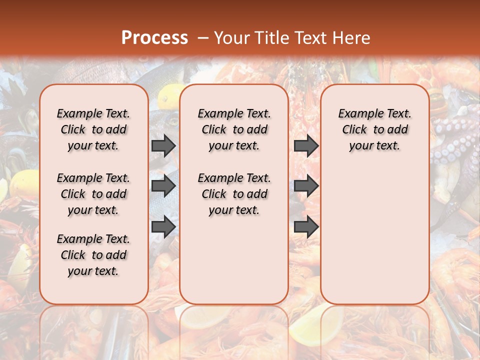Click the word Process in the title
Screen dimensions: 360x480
154,38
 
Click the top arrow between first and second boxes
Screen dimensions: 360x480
163,145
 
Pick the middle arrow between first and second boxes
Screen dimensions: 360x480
163,186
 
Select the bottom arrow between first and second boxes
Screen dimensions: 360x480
163,226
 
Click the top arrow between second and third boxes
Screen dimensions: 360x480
306,145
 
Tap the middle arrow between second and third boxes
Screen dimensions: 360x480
306,186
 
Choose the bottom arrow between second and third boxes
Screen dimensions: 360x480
306,226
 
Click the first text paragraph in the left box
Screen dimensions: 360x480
93,129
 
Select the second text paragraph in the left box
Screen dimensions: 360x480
93,194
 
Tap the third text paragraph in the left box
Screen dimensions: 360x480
93,255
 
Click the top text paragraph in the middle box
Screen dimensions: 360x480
234,129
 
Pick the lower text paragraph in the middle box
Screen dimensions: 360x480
234,194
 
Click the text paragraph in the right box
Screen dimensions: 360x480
374,129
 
